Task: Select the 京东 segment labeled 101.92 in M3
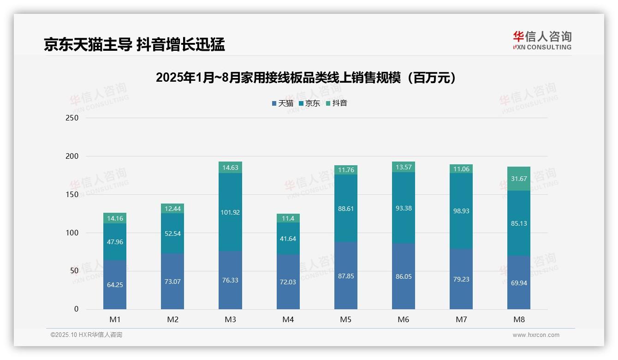pyautogui.click(x=230, y=212)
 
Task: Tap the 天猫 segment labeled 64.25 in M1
pyautogui.click(x=115, y=285)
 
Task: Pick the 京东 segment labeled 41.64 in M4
pyautogui.click(x=288, y=239)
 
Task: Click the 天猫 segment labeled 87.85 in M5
pyautogui.click(x=346, y=276)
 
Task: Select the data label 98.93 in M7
pyautogui.click(x=461, y=210)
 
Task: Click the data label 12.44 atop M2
pyautogui.click(x=172, y=209)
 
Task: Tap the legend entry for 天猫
pyautogui.click(x=283, y=103)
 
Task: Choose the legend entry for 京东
pyautogui.click(x=309, y=103)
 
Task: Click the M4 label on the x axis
pyautogui.click(x=288, y=319)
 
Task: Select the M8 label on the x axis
pyautogui.click(x=518, y=319)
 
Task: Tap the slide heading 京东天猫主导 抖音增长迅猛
pyautogui.click(x=134, y=44)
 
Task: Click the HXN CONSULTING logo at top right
pyautogui.click(x=542, y=41)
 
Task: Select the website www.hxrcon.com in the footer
pyautogui.click(x=536, y=335)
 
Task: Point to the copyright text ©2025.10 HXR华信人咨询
pyautogui.click(x=86, y=335)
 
